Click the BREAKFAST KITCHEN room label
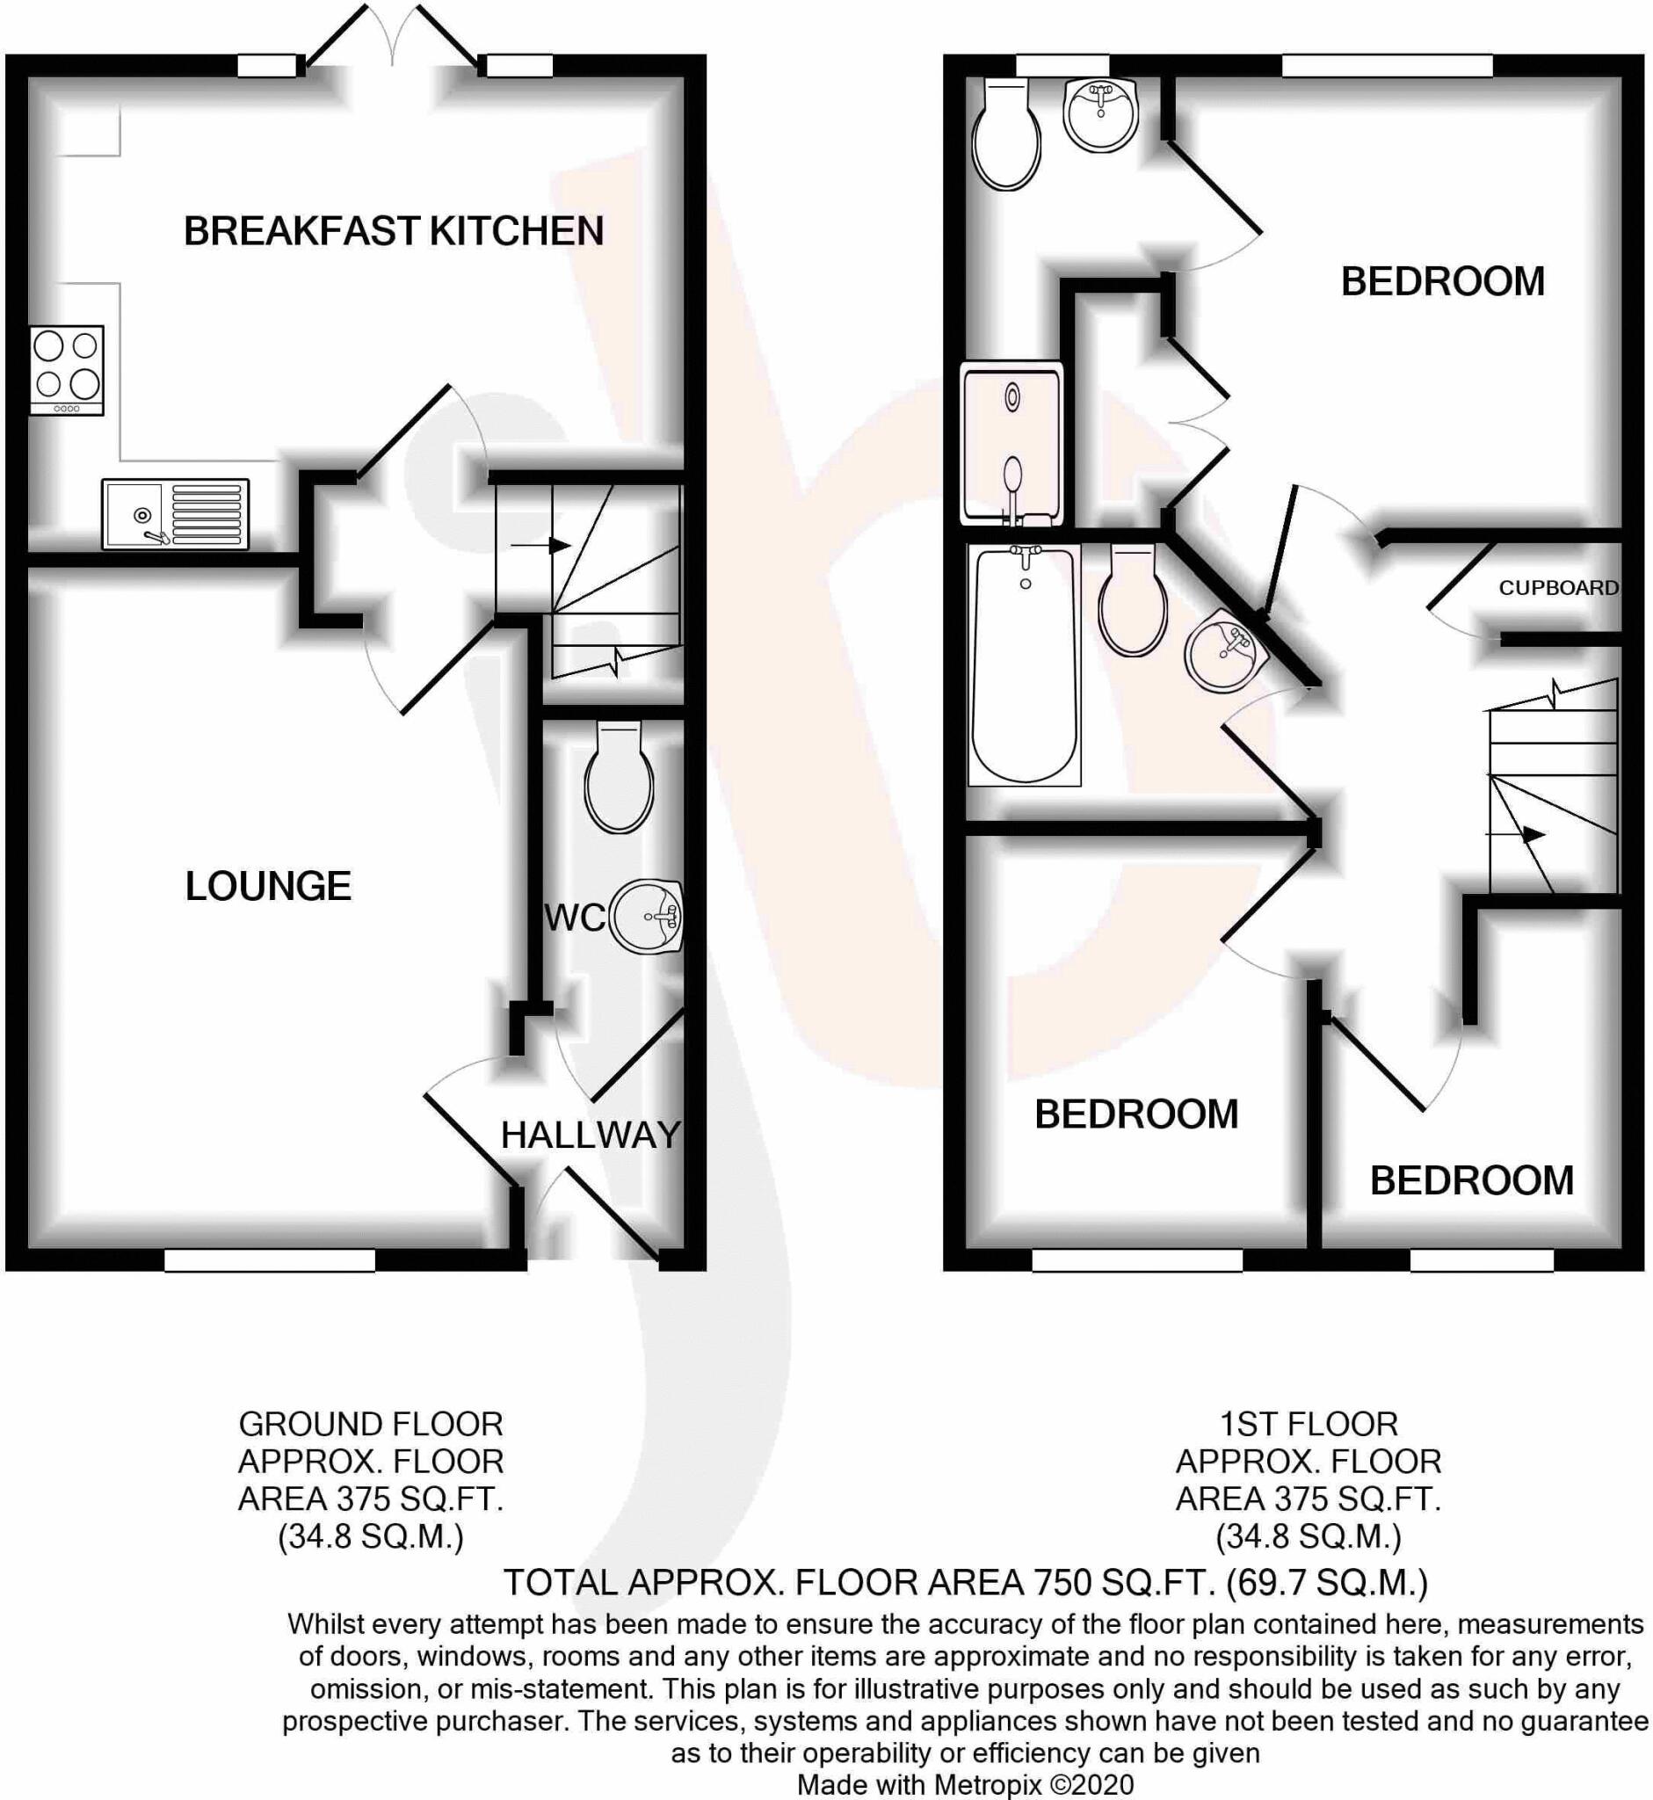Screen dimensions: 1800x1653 pos(394,231)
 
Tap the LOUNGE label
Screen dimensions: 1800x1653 pos(268,886)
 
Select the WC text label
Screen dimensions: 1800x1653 pos(574,918)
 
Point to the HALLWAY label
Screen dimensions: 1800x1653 pos(591,1136)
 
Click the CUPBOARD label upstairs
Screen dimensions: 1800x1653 pos(1558,588)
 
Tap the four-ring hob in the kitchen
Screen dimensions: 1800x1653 pos(66,369)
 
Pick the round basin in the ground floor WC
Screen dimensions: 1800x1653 pos(646,917)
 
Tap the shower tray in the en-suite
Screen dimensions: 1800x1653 pos(1011,443)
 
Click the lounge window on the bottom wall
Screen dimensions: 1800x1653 pos(270,1260)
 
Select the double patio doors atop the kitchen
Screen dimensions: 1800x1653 pos(392,40)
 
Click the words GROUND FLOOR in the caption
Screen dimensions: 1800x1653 pos(370,1423)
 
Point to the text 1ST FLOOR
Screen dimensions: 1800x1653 pos(1308,1423)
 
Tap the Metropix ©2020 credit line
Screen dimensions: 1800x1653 pos(965,1785)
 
